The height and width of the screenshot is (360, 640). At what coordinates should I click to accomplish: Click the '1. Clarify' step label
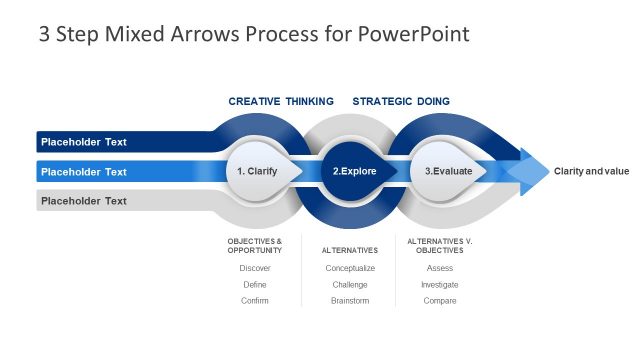point(257,171)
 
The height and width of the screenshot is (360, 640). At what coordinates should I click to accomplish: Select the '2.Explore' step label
point(354,171)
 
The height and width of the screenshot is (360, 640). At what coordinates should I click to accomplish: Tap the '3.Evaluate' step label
point(449,171)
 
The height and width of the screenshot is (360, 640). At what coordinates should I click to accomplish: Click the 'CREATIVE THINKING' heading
point(281,101)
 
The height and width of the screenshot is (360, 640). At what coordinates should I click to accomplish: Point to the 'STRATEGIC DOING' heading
point(401,101)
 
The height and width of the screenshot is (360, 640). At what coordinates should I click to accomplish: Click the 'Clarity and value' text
point(591,171)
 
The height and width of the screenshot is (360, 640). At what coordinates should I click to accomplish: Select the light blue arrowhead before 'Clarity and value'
point(529,172)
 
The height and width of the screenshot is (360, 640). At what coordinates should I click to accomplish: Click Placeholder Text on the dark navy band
point(84,142)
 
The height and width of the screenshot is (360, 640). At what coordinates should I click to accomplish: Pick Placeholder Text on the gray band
point(84,201)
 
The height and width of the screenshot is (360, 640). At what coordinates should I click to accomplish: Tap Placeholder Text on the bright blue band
point(84,172)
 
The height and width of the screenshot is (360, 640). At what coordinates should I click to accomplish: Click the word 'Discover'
point(255,268)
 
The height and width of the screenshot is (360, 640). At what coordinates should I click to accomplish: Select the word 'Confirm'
point(255,300)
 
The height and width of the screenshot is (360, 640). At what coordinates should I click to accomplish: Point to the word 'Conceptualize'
point(350,268)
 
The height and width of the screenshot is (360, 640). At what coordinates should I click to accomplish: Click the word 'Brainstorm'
point(350,300)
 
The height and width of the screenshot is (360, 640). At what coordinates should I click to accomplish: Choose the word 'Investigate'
point(440,284)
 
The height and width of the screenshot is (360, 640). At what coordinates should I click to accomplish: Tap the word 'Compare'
point(440,300)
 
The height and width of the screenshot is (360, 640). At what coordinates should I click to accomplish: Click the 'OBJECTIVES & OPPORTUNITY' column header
point(255,245)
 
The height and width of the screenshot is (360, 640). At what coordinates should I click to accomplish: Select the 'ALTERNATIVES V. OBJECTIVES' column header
point(440,245)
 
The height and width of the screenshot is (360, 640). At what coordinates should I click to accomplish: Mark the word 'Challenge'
point(350,284)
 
